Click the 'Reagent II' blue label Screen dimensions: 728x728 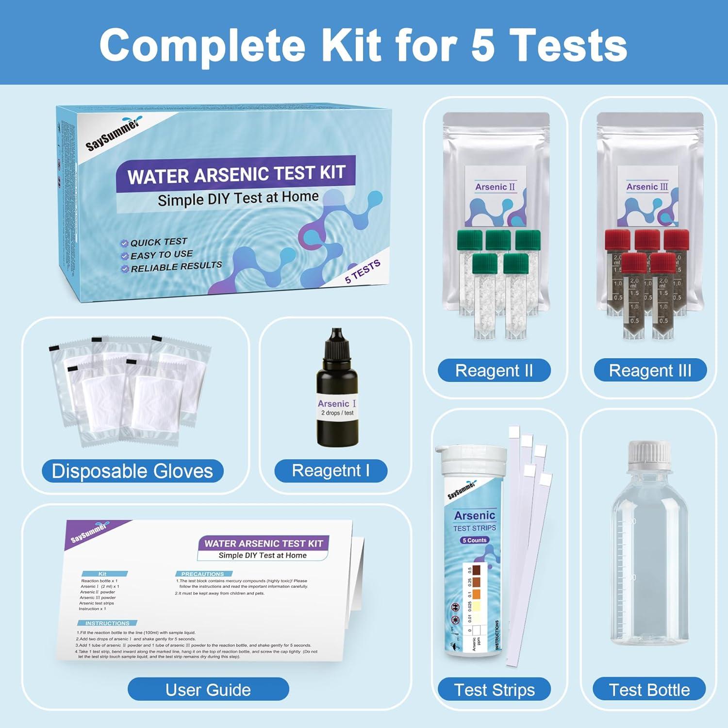(494, 371)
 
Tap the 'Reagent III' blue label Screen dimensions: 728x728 (650, 371)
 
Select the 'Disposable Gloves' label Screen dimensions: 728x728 (132, 471)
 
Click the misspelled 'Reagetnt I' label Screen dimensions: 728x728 (331, 471)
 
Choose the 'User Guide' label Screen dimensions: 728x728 (208, 690)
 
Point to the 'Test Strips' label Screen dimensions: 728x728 (494, 690)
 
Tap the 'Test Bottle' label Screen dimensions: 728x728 (649, 690)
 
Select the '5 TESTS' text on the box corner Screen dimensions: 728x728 (363, 272)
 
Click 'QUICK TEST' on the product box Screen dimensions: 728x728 (158, 242)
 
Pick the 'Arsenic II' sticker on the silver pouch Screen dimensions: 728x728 (495, 187)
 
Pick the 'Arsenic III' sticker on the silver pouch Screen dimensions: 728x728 (647, 187)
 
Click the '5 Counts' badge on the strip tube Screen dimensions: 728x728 (474, 540)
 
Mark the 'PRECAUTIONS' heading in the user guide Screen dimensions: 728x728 (202, 574)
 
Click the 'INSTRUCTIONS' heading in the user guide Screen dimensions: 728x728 (107, 623)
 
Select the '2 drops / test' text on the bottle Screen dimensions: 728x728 (337, 413)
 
